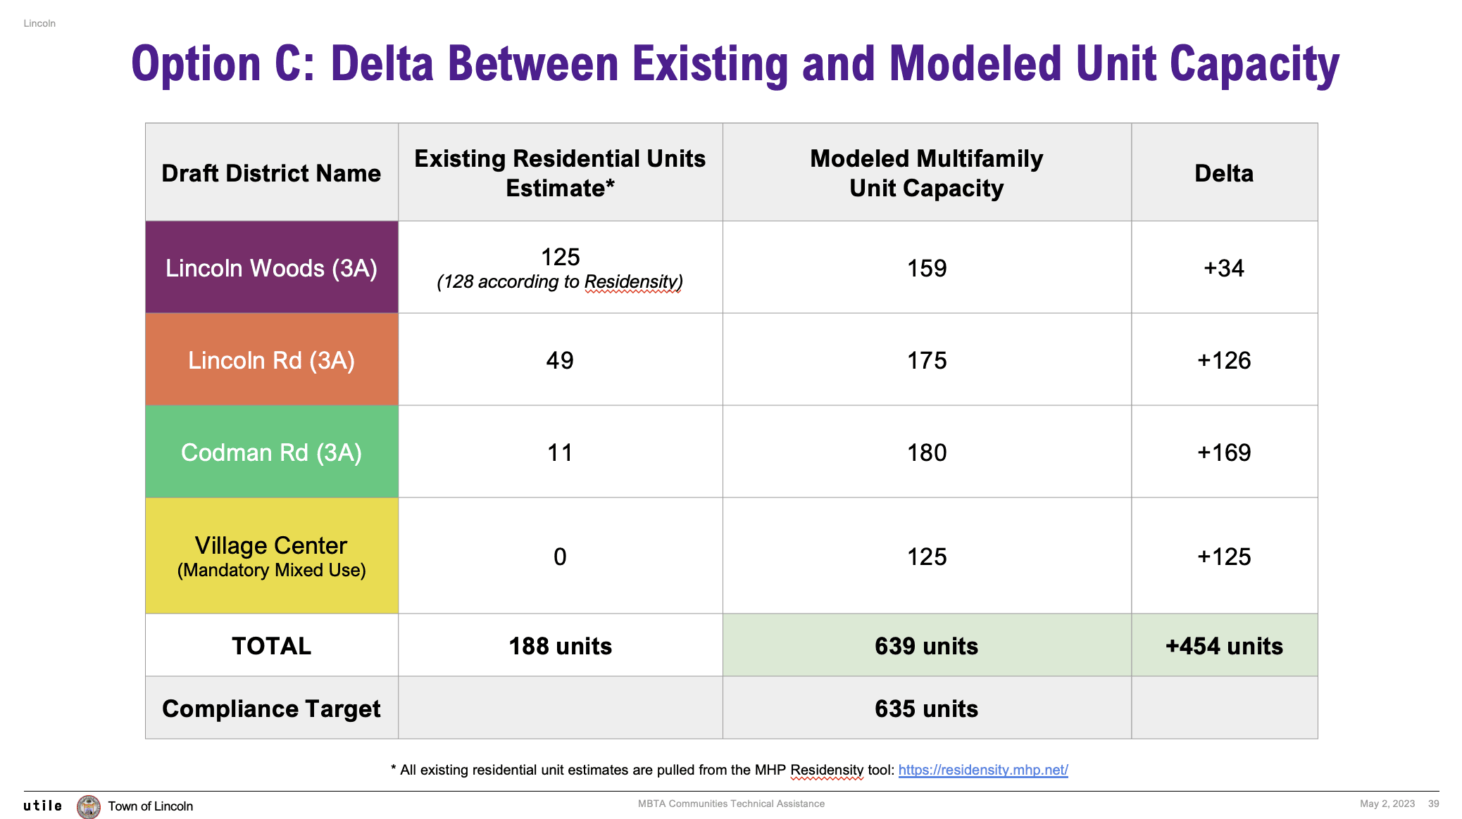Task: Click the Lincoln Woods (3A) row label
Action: pos(271,268)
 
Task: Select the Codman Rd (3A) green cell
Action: pos(271,452)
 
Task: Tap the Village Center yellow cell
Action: pos(271,556)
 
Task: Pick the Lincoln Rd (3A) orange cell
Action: pos(271,360)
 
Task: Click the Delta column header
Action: pos(1224,173)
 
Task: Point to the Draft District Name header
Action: pos(271,173)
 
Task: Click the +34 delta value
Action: pos(1224,268)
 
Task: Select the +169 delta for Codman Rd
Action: pos(1224,452)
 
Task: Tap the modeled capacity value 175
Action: pos(927,360)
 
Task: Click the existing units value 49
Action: pos(560,360)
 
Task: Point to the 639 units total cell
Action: pos(927,646)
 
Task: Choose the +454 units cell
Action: pos(1224,646)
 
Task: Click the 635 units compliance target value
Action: pos(927,709)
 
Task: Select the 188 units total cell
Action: pos(560,646)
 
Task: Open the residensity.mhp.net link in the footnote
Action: pos(983,770)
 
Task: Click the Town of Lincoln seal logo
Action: pos(89,806)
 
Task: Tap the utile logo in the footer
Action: pos(43,806)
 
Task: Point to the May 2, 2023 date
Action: pos(1387,804)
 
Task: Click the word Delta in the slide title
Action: pos(382,64)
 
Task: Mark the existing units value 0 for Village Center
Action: pos(560,557)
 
